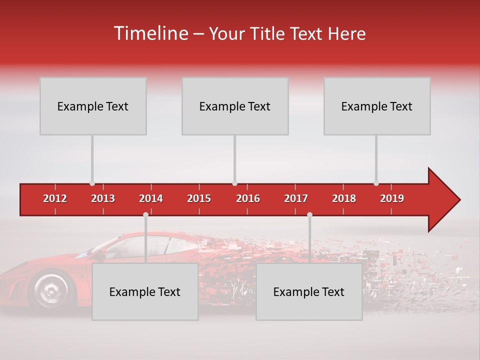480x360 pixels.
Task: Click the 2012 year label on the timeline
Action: tap(55, 198)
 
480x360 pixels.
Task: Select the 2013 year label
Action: tap(103, 198)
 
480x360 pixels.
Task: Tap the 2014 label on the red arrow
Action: tap(151, 198)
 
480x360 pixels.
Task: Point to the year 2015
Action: tap(199, 198)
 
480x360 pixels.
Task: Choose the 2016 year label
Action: tap(248, 198)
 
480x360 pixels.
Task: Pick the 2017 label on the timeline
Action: tap(296, 198)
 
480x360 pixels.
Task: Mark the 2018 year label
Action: tap(344, 198)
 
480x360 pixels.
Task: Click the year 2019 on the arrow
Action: tap(392, 198)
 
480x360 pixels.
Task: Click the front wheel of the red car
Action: tap(50, 289)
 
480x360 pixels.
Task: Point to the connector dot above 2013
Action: tap(92, 183)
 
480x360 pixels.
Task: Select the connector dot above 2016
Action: tap(234, 183)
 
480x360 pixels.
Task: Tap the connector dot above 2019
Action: tap(376, 183)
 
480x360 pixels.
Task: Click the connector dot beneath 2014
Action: tap(145, 215)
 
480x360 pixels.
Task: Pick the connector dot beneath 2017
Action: tap(309, 215)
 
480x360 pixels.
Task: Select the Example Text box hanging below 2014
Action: tap(145, 292)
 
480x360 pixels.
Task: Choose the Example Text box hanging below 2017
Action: tap(309, 292)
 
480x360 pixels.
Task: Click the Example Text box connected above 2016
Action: tap(235, 106)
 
